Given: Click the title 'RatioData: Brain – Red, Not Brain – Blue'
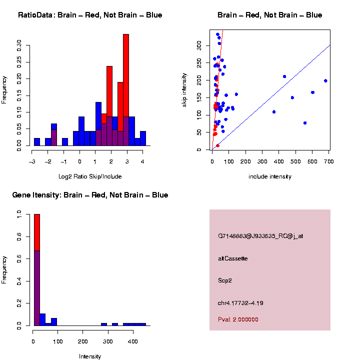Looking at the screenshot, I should pyautogui.click(x=90, y=15).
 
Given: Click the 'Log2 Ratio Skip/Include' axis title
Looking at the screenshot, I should pyautogui.click(x=90, y=176).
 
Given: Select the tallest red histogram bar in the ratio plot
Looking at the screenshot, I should pyautogui.click(x=126, y=90).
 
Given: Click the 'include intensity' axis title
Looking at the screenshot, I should pyautogui.click(x=270, y=176).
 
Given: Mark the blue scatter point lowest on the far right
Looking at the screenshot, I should pyautogui.click(x=305, y=123).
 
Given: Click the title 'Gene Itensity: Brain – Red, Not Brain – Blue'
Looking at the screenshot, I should pyautogui.click(x=90, y=195).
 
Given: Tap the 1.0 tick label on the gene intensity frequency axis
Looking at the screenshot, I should pyautogui.click(x=19, y=214).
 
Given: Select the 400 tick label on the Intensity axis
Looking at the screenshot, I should pyautogui.click(x=133, y=342).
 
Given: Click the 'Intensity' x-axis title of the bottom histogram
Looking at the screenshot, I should pyautogui.click(x=90, y=356).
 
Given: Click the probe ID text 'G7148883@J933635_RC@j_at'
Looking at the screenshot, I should pyautogui.click(x=260, y=236).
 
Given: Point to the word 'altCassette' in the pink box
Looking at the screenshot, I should pyautogui.click(x=233, y=258).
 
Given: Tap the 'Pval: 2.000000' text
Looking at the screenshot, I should pyautogui.click(x=238, y=319).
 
